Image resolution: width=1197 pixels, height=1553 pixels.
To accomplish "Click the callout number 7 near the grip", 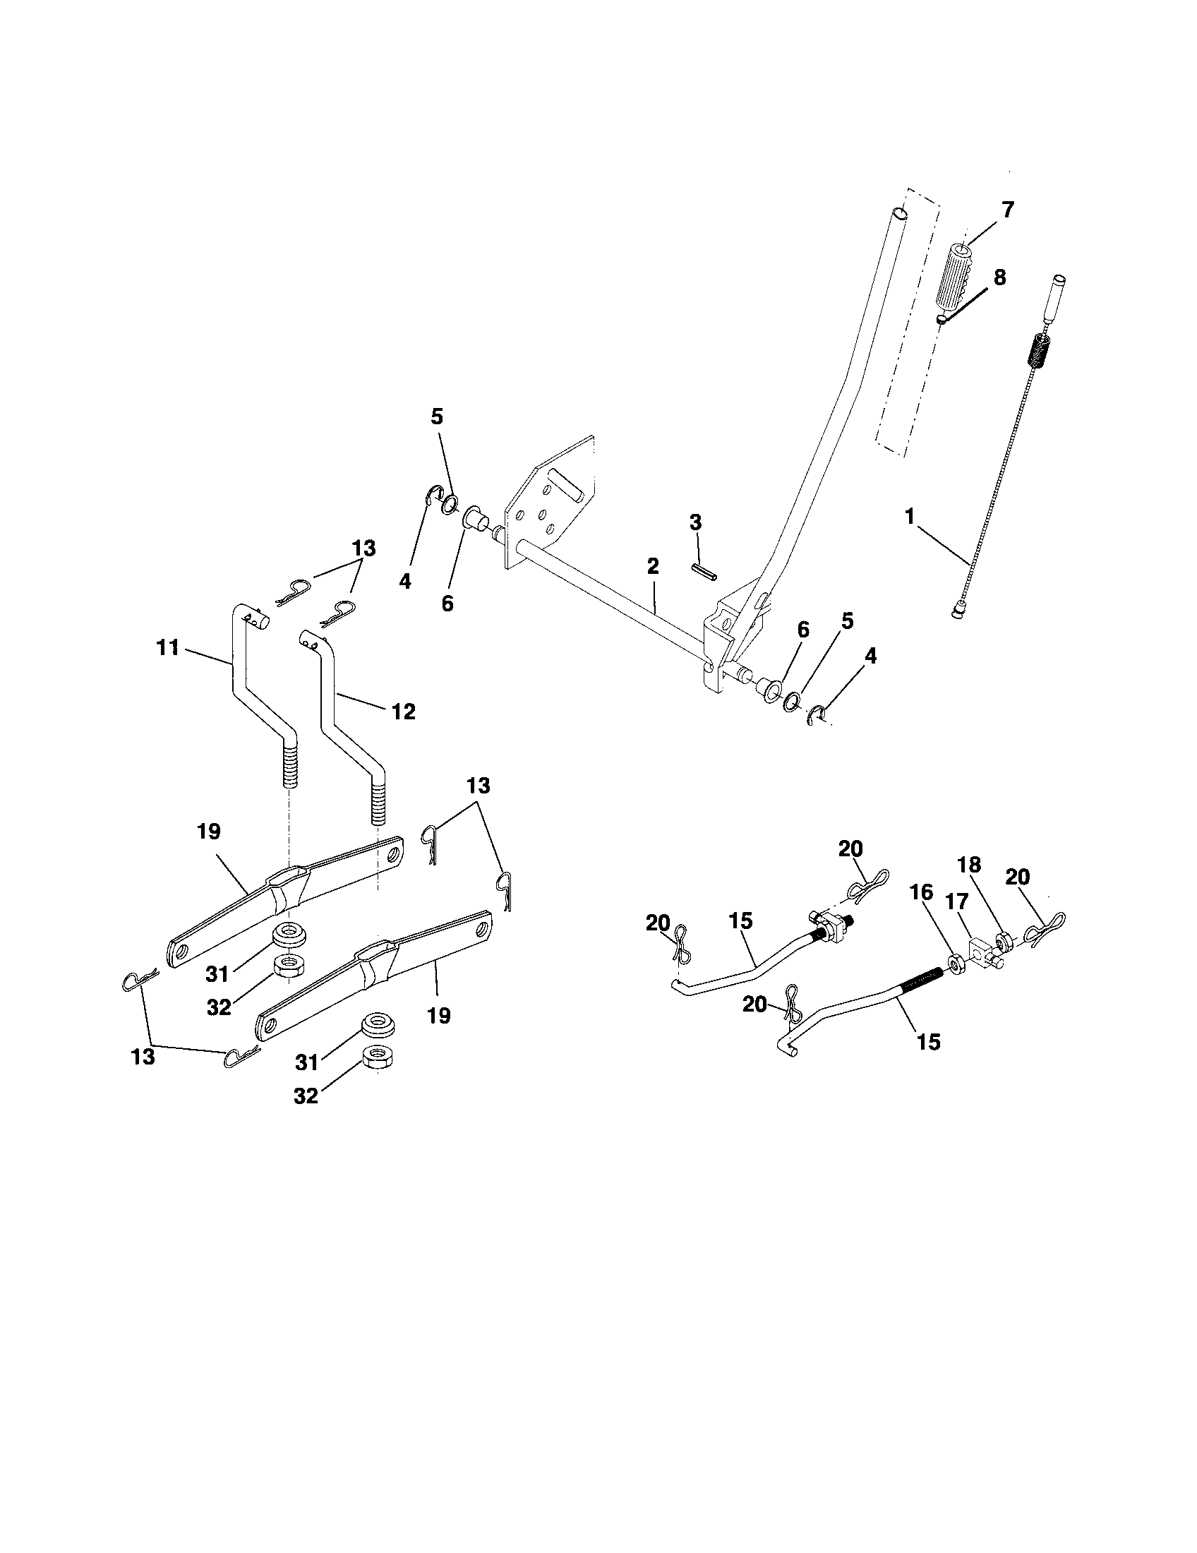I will [1007, 210].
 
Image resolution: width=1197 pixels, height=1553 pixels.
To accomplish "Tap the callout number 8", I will [999, 277].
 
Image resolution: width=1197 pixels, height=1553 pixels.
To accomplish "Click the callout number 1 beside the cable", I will [910, 517].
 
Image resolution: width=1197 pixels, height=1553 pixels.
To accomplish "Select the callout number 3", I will [695, 523].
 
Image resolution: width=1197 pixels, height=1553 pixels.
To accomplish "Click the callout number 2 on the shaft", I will [653, 567].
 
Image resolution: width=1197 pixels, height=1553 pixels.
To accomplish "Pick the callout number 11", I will [169, 649].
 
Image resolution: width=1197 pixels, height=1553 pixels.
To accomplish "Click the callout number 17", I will [958, 902].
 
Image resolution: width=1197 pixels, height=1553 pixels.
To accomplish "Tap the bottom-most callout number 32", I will [306, 1096].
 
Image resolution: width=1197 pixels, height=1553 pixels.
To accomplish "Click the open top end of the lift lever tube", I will [899, 212].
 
